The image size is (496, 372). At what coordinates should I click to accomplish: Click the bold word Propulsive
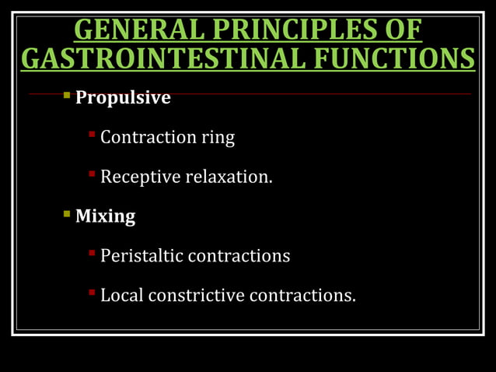pos(123,98)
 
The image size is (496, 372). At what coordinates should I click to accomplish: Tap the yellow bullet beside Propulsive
pos(67,97)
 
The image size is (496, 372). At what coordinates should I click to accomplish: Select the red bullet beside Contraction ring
pos(92,135)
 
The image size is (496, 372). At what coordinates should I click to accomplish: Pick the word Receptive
pos(140,177)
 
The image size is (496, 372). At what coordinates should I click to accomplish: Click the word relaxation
pos(229,177)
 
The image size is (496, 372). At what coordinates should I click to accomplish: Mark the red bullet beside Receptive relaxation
pos(92,175)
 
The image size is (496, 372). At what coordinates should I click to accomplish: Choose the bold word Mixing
pos(105,216)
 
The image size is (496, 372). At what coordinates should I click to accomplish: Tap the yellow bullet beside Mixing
pos(67,214)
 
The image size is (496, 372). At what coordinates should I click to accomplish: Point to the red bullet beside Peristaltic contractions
pos(92,253)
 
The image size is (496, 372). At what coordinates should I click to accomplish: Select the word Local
pos(121,296)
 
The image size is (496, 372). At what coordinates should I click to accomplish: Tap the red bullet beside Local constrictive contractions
pos(92,293)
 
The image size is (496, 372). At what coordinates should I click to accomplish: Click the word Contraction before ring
pos(148,138)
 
